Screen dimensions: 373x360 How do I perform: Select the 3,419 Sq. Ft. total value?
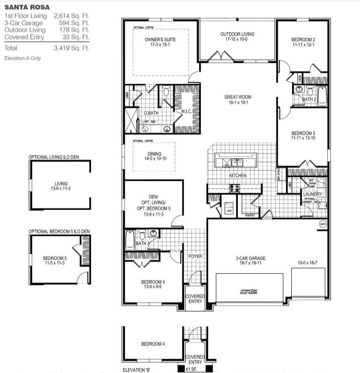[x=71, y=48]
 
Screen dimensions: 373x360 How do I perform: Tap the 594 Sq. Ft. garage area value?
[x=71, y=23]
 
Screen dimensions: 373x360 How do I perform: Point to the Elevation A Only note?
[x=22, y=58]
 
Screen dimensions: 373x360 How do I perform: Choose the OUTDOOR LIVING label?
[x=237, y=34]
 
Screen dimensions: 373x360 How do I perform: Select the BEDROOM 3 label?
[x=303, y=133]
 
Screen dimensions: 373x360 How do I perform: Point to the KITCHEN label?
[x=237, y=176]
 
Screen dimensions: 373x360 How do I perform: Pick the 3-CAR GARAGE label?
[x=251, y=258]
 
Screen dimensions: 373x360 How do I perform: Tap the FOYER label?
[x=196, y=256]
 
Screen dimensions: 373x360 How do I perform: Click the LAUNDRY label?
[x=312, y=194]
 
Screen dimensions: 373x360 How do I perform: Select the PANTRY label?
[x=250, y=215]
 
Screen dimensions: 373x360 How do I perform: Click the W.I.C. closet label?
[x=186, y=111]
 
